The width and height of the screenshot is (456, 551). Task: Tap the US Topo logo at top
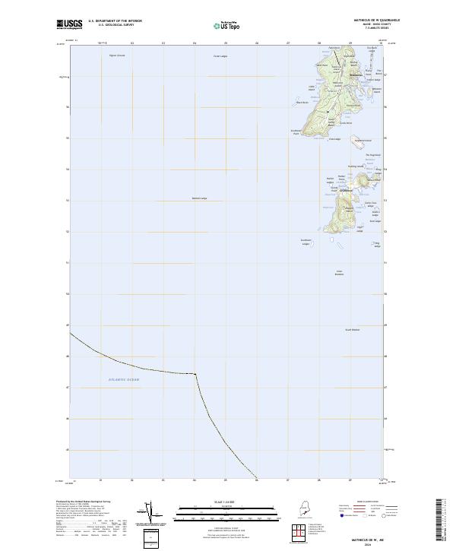click(227, 25)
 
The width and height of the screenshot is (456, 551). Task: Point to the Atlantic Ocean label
click(124, 379)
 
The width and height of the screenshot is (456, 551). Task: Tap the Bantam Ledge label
click(199, 199)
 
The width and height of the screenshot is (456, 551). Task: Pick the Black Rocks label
click(302, 103)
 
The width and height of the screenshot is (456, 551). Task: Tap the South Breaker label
click(353, 329)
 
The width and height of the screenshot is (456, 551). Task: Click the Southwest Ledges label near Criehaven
click(306, 242)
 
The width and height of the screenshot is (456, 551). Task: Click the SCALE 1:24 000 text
click(227, 502)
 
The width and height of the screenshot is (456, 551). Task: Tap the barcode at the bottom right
click(442, 523)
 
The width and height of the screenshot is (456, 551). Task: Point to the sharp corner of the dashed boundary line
click(196, 373)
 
